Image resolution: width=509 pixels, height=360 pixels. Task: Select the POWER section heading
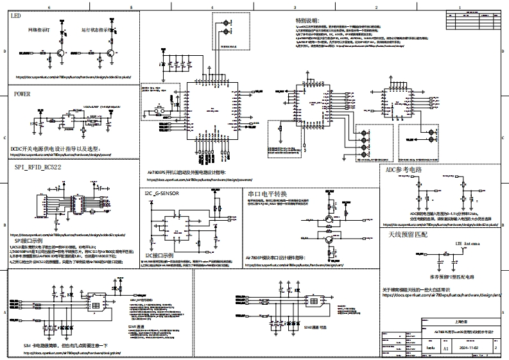coord(22,94)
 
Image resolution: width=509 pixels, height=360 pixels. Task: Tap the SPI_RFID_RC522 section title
coord(38,167)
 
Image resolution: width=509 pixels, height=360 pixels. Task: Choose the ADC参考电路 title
coord(404,170)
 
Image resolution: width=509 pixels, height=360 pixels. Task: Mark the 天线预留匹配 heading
coord(408,235)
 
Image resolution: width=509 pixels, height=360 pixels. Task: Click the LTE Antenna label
coord(467,244)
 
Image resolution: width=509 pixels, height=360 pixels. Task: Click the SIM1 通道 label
coord(137,327)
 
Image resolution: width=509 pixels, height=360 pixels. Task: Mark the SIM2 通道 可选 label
coord(316,327)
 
